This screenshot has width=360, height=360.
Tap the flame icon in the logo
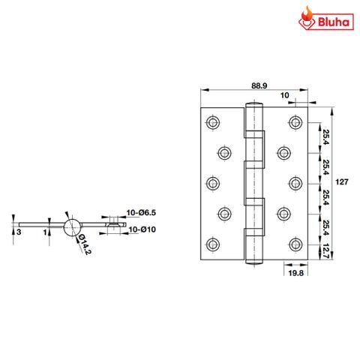304,17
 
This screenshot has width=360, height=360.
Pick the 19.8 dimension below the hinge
295,275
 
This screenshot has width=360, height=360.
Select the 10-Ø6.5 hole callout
140,213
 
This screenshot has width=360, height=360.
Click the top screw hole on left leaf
213,121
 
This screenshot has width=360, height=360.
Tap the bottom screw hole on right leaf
294,243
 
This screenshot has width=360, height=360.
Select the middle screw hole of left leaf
213,182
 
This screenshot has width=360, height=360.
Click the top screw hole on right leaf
294,121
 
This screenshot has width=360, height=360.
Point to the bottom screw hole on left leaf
213,243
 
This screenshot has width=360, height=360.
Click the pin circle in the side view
73,225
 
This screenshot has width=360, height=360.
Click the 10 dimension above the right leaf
285,95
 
